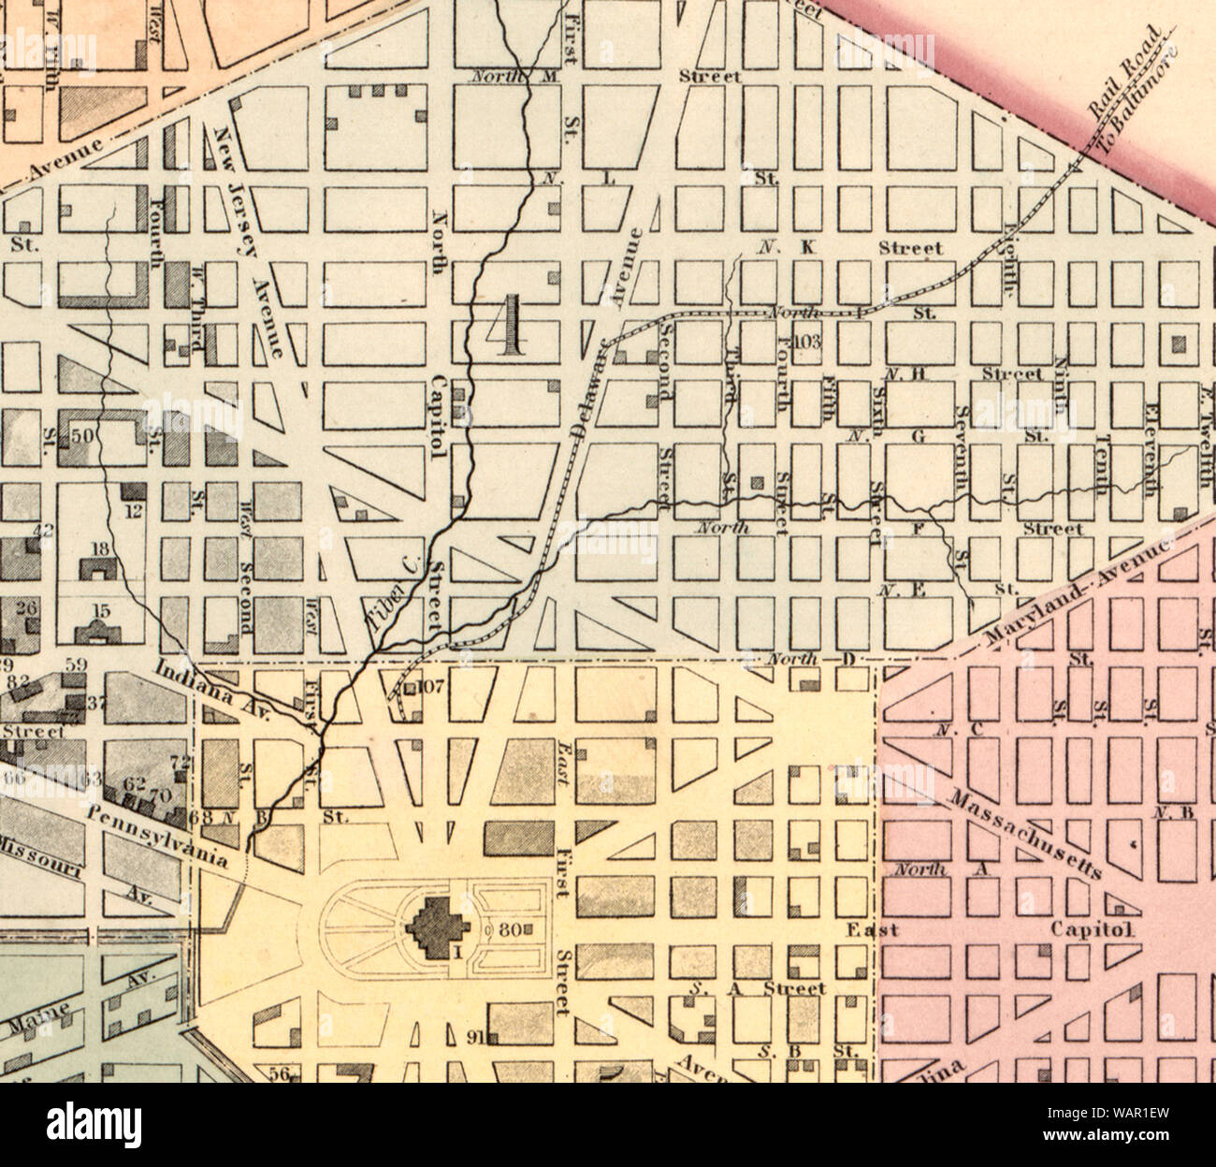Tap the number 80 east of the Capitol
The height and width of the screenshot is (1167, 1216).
pyautogui.click(x=509, y=930)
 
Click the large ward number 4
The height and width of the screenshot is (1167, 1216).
pyautogui.click(x=510, y=326)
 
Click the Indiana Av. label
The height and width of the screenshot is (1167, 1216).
pyautogui.click(x=211, y=690)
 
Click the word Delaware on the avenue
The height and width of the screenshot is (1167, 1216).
pyautogui.click(x=586, y=393)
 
